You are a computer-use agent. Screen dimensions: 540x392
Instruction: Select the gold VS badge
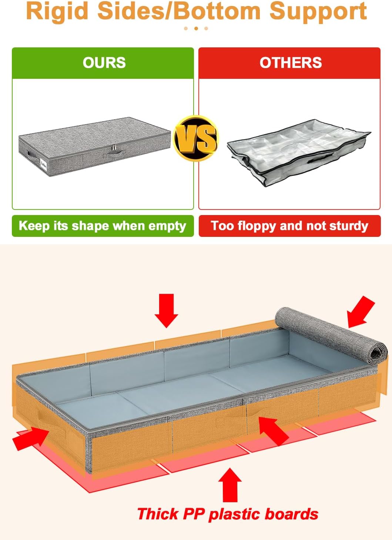click(x=196, y=138)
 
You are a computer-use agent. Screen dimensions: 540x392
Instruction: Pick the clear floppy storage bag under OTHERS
click(x=298, y=152)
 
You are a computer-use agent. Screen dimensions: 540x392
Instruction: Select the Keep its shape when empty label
click(x=103, y=226)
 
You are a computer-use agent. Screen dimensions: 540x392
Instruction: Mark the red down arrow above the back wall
click(x=166, y=310)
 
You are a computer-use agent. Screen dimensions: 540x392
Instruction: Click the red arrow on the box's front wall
click(x=273, y=430)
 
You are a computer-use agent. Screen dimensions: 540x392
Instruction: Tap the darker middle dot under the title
click(x=196, y=28)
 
